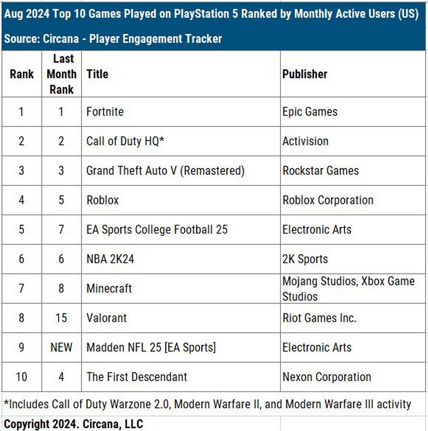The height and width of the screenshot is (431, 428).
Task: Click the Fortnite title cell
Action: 105,111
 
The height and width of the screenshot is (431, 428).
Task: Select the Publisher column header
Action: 305,74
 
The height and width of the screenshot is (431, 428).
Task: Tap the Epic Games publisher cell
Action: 310,111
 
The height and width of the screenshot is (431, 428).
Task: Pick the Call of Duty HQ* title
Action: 126,141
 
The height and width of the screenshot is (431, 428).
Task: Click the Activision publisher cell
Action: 305,141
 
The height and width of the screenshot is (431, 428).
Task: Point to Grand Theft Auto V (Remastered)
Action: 165,171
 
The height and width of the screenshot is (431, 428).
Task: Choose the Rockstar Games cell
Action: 321,171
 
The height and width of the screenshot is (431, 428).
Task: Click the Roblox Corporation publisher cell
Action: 328,200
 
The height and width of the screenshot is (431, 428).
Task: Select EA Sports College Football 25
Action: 157,230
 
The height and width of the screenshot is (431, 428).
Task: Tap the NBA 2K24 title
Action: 110,259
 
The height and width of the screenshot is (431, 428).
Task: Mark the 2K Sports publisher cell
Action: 305,259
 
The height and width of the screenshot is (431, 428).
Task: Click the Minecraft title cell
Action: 109,288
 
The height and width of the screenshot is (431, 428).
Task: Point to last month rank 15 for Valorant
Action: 62,318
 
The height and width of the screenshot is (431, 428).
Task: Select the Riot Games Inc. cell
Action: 319,318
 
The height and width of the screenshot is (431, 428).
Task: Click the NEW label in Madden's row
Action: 62,347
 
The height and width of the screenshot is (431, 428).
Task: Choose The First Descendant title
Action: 137,377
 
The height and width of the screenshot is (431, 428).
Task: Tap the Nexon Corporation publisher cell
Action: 327,377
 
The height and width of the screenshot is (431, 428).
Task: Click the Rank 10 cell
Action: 21,377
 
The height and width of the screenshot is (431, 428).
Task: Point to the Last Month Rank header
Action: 62,74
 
